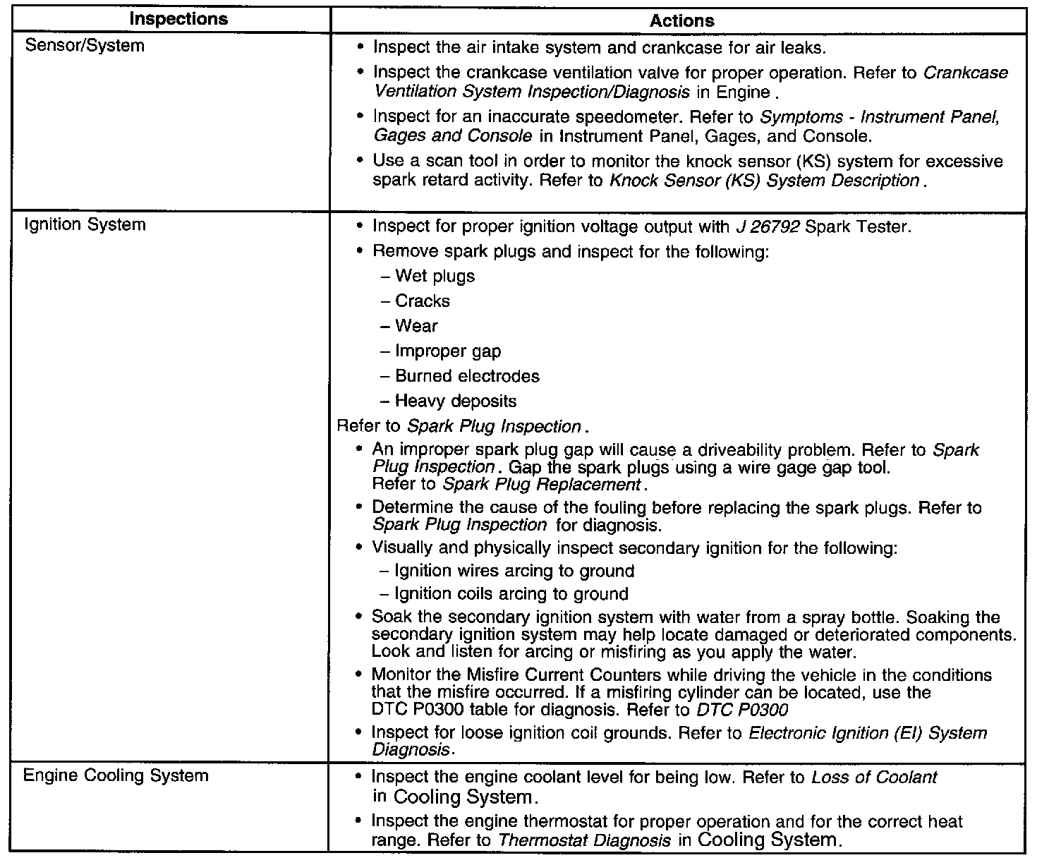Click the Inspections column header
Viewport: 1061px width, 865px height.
pos(178,20)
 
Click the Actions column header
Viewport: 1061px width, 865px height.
pos(681,21)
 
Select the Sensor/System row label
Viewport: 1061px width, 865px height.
pos(84,46)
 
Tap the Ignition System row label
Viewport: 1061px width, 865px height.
pos(85,225)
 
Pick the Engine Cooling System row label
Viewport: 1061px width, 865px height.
pos(116,776)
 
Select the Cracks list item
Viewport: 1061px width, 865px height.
pos(422,301)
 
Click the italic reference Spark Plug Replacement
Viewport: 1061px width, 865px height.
pos(541,485)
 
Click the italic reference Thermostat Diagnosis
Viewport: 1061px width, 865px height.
pos(585,840)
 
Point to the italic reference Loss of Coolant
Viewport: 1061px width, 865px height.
pos(874,778)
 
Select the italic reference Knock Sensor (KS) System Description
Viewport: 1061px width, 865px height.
pos(764,181)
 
